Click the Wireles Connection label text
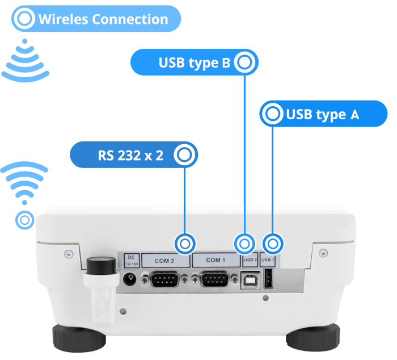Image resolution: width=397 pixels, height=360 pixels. coord(103,19)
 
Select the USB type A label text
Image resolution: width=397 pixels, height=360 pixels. coord(322,115)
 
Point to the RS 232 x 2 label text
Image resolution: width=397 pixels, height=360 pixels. coord(130,156)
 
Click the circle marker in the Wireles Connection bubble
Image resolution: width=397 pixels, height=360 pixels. coord(25,19)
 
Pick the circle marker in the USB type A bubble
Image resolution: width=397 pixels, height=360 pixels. coord(273,115)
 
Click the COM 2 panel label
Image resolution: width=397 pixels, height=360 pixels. coord(164,261)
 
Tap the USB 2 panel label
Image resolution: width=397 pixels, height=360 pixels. coord(250,261)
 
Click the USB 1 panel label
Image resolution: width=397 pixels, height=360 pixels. coord(268,261)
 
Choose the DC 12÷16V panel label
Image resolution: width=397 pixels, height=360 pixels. coord(130,260)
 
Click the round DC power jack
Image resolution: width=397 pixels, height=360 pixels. coord(130,279)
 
